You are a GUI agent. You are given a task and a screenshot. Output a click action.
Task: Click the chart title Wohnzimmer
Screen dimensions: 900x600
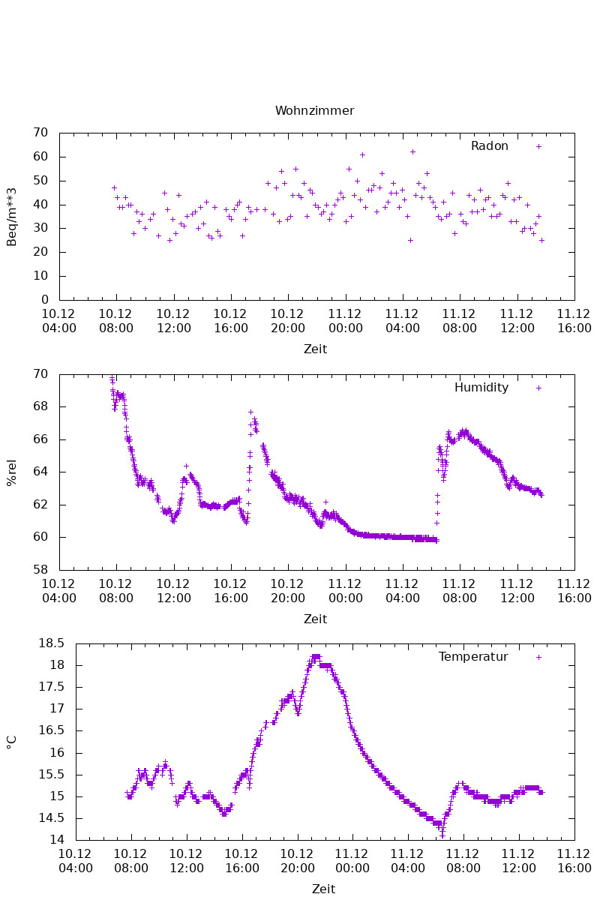pyautogui.click(x=314, y=111)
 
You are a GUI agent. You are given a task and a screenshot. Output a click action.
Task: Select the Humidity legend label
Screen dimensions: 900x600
pyautogui.click(x=481, y=388)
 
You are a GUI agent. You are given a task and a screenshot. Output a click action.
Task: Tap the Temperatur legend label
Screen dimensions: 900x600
pyautogui.click(x=473, y=657)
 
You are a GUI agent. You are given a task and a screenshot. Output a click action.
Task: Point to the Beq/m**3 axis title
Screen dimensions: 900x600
pyautogui.click(x=12, y=216)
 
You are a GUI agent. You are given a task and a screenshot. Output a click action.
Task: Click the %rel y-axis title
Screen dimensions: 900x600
pyautogui.click(x=12, y=472)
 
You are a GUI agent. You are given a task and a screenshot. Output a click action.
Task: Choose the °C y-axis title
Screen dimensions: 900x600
pyautogui.click(x=12, y=742)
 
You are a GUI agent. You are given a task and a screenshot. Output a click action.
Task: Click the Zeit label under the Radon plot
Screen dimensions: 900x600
pyautogui.click(x=315, y=349)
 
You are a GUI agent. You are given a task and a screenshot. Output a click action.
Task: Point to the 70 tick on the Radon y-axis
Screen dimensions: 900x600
pyautogui.click(x=41, y=133)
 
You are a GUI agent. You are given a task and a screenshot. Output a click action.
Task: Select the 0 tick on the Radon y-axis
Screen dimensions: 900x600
pyautogui.click(x=45, y=300)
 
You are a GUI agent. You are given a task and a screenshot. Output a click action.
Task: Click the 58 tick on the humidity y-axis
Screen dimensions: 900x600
pyautogui.click(x=41, y=570)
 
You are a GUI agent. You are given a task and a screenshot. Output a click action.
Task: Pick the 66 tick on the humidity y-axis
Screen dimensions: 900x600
pyautogui.click(x=41, y=439)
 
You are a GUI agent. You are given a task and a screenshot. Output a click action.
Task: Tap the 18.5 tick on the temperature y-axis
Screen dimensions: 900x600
pyautogui.click(x=55, y=643)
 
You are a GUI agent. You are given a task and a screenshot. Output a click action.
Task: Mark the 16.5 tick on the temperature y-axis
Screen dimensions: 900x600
pyautogui.click(x=55, y=730)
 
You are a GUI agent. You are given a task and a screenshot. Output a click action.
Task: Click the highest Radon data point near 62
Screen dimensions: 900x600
pyautogui.click(x=412, y=151)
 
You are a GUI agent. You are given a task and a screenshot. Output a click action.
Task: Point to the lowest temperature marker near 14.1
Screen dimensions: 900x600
pyautogui.click(x=442, y=835)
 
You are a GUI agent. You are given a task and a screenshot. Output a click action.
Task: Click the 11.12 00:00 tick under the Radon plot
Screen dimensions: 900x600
pyautogui.click(x=346, y=320)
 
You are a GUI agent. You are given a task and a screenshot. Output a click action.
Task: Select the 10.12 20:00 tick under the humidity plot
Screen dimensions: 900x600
pyautogui.click(x=288, y=590)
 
